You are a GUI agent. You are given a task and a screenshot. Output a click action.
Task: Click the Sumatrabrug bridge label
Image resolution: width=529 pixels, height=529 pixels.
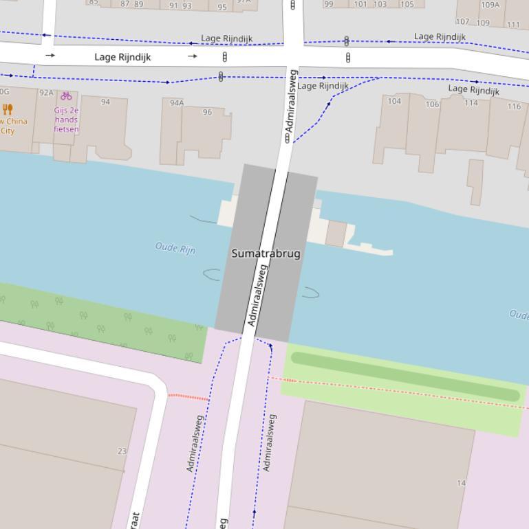pos(266,254)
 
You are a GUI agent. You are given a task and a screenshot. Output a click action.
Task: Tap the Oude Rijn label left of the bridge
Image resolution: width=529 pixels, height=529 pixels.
pos(175,248)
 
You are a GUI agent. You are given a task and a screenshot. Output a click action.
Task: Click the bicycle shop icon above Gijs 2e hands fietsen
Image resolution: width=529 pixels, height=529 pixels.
pos(66,96)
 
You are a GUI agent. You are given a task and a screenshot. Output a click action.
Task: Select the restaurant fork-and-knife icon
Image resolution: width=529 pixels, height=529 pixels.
pos(8,109)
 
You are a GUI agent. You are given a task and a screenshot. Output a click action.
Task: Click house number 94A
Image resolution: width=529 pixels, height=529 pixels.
pos(177,103)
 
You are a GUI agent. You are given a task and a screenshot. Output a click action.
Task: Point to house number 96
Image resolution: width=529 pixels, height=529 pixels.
pos(207,112)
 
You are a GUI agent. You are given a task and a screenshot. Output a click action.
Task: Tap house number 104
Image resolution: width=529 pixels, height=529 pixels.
pos(394,101)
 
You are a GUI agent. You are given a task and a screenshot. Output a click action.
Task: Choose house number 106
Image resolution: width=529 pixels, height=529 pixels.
pos(432,104)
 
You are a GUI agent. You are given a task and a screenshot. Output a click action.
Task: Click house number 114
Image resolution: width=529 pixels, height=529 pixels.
pos(471,103)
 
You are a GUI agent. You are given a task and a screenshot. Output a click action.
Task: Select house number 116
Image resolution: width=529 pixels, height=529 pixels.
pos(514,106)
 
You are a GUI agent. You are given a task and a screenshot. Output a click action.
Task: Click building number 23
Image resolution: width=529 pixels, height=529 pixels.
pos(122,451)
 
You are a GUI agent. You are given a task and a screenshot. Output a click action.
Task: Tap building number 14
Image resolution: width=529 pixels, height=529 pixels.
pos(461,483)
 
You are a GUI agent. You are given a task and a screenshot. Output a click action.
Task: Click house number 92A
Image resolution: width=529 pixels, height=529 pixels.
pos(46,93)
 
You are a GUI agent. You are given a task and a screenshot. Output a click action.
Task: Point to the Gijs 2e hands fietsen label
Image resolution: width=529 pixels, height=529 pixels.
pos(66,120)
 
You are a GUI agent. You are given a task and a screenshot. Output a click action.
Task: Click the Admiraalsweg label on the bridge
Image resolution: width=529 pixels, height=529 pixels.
pos(257,295)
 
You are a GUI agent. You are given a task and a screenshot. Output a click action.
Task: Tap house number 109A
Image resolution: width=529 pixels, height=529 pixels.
pos(490,5)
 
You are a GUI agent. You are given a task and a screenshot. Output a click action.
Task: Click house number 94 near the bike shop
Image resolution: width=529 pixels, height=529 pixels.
pos(105,102)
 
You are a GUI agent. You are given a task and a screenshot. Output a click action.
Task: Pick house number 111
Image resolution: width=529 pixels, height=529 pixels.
pos(513,25)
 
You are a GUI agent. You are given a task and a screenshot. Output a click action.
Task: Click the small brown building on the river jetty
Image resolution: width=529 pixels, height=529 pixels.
pos(336,234)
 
